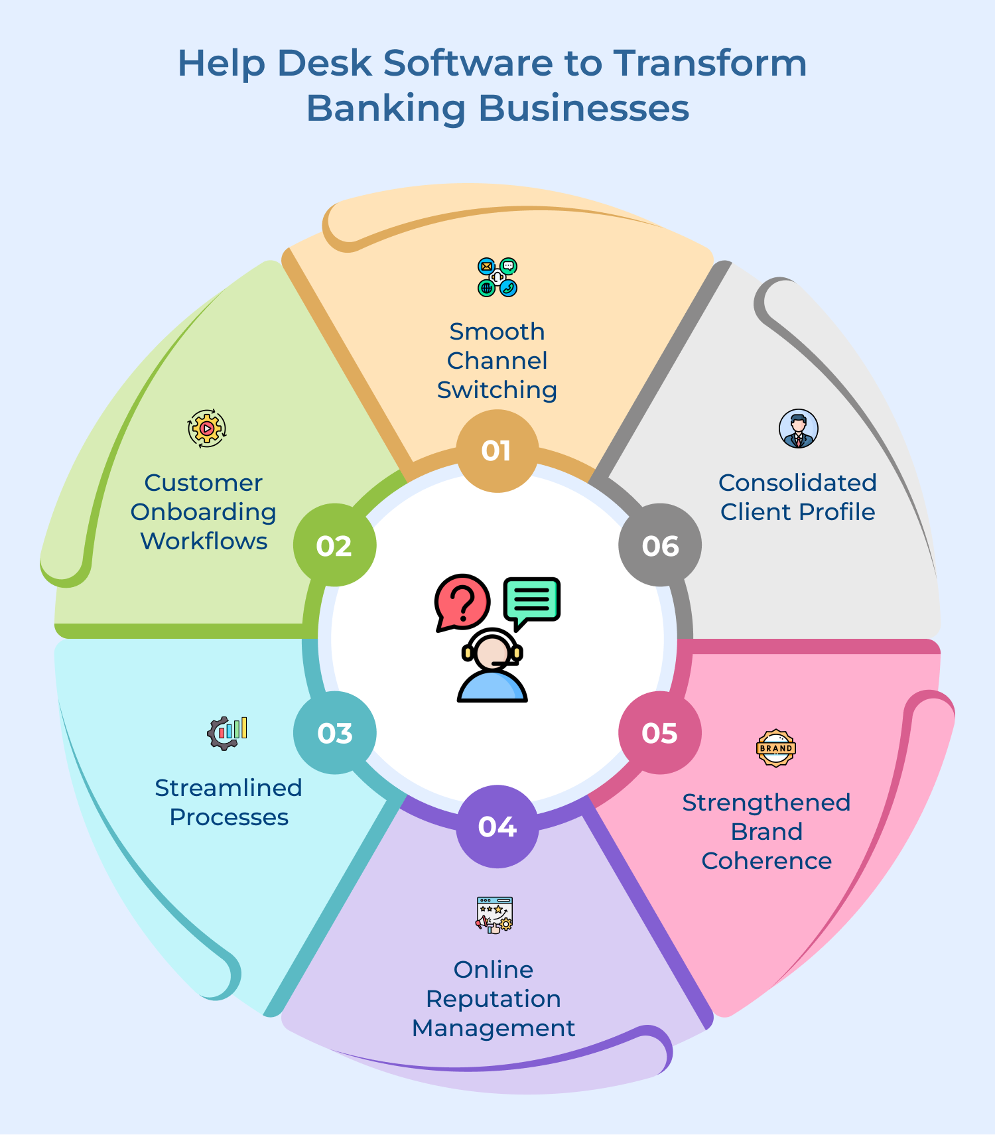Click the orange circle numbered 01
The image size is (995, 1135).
497,451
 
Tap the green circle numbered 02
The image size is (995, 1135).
334,545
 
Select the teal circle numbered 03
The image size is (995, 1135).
334,733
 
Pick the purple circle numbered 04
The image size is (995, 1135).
497,827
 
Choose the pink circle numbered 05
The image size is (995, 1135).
659,733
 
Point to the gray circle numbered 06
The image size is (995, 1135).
659,545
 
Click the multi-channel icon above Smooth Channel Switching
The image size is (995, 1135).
497,277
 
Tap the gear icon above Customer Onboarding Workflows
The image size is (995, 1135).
207,429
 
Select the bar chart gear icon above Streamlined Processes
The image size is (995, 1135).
227,733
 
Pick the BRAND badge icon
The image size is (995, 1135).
776,748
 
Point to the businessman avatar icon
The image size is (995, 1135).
799,429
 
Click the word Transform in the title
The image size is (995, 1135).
710,64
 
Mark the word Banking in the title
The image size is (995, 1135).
385,108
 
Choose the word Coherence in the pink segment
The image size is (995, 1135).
767,861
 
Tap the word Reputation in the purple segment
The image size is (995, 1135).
494,999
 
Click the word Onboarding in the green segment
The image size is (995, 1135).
204,512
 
